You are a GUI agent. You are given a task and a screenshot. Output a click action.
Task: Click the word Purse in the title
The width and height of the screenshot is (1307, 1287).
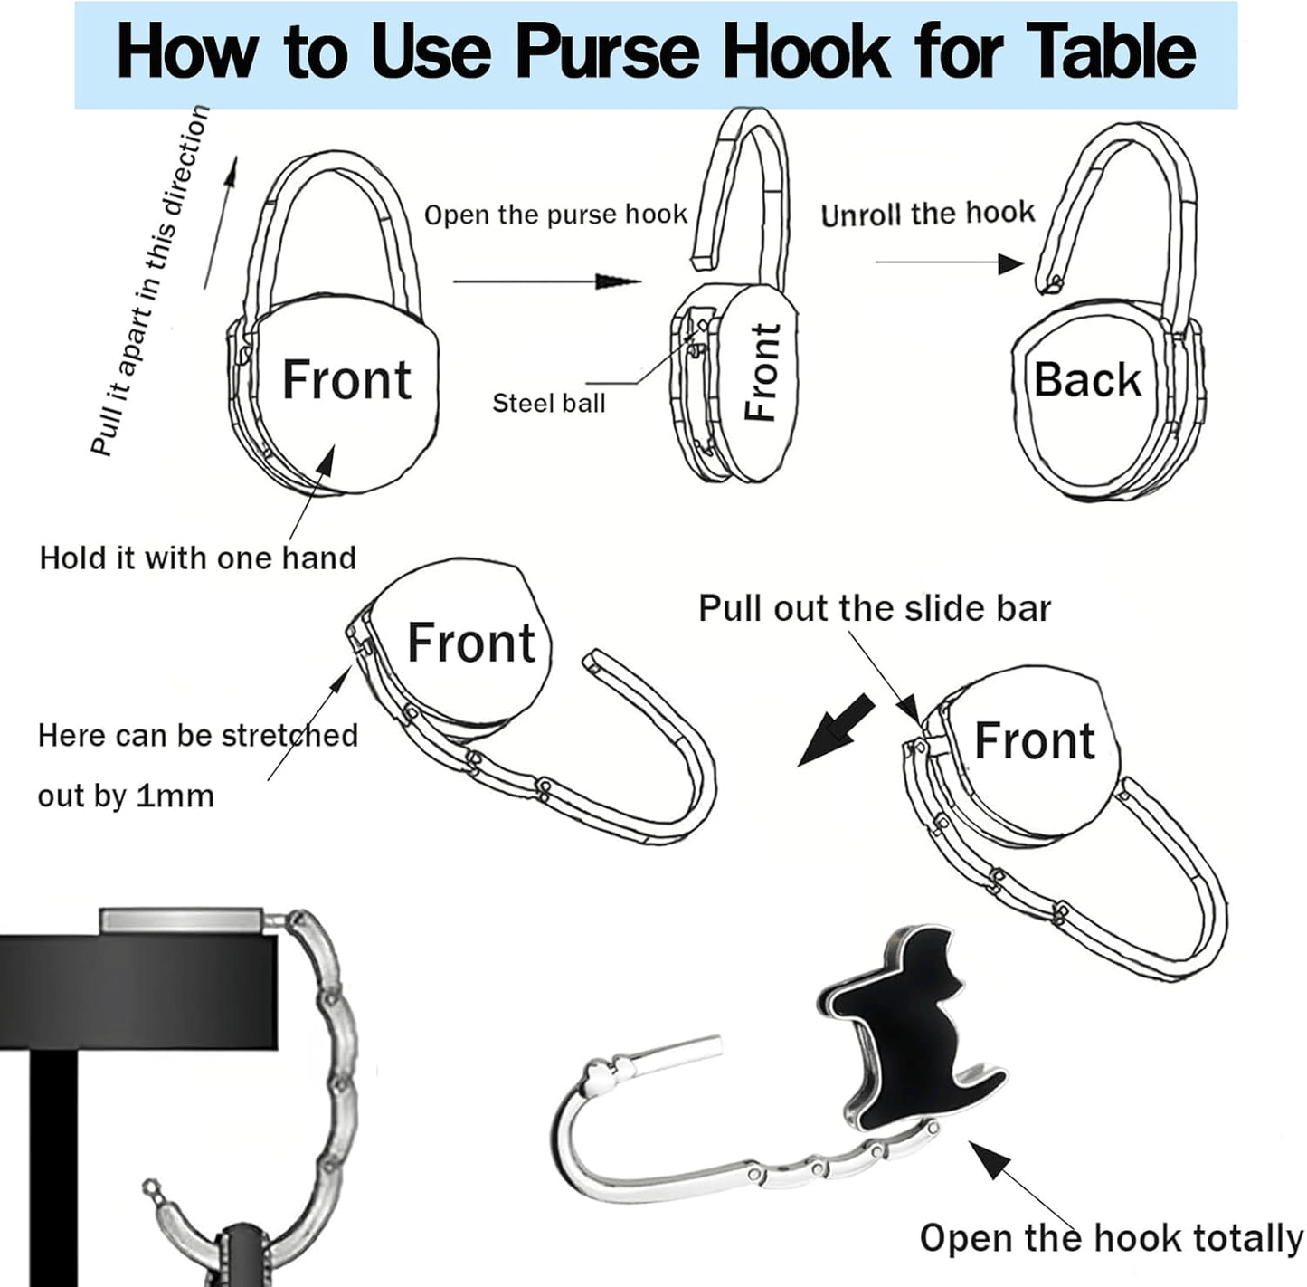(x=607, y=52)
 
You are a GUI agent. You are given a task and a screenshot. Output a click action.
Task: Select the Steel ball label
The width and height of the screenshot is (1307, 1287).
(x=549, y=404)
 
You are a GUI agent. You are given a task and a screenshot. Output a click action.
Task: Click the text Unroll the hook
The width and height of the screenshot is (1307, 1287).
(x=928, y=214)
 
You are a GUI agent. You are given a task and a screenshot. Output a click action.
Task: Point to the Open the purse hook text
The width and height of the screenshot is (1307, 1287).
(x=555, y=214)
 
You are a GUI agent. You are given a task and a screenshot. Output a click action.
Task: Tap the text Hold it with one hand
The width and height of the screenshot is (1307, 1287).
(x=197, y=558)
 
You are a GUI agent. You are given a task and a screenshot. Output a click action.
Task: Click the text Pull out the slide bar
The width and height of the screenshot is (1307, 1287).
(x=875, y=608)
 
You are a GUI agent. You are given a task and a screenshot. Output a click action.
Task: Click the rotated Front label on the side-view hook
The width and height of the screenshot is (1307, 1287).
(x=762, y=372)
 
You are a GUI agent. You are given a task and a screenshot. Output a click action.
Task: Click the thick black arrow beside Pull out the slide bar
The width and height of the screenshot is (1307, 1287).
(x=835, y=729)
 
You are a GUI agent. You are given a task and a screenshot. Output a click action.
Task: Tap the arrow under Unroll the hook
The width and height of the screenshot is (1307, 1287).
(x=950, y=262)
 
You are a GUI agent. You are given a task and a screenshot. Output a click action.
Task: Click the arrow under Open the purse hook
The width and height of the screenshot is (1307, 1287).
(x=546, y=281)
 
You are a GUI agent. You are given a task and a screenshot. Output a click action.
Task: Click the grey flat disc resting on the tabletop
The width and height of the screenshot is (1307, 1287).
(x=181, y=920)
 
